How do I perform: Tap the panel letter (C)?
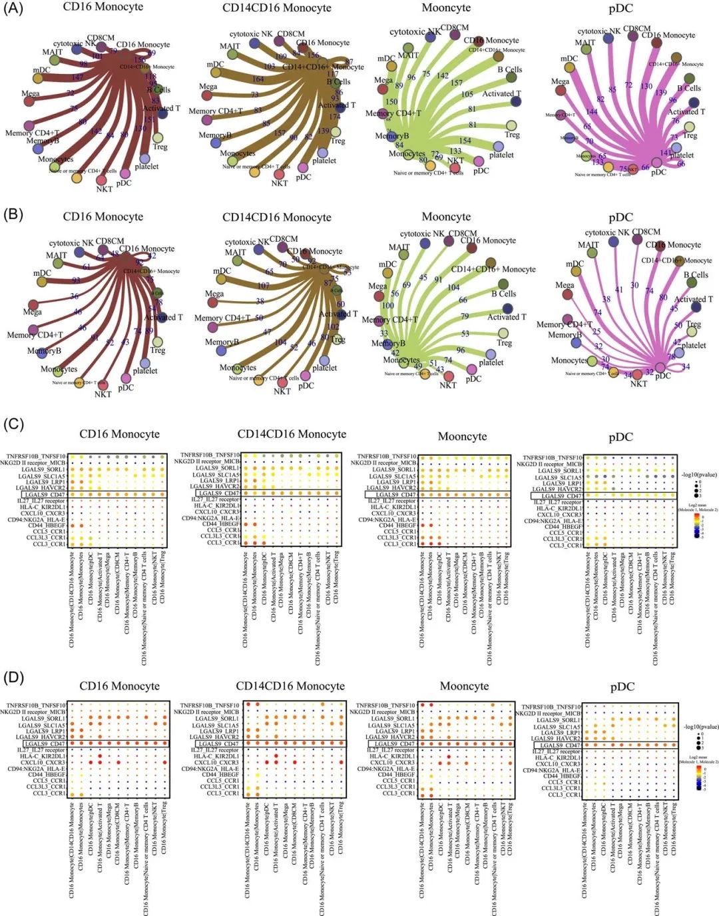[x=14, y=424]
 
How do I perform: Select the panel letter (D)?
[x=14, y=678]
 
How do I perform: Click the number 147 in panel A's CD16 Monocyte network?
[x=78, y=78]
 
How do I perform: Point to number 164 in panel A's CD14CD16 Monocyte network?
[x=258, y=79]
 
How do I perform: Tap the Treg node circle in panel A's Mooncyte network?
[x=511, y=125]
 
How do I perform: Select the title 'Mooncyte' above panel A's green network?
[x=446, y=8]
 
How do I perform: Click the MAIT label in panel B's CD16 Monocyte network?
[x=57, y=255]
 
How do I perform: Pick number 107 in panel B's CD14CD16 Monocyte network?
[x=264, y=285]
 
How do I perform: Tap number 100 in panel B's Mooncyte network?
[x=387, y=306]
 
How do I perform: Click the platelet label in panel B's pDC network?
[x=694, y=345]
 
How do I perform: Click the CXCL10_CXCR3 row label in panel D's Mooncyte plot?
[x=391, y=763]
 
